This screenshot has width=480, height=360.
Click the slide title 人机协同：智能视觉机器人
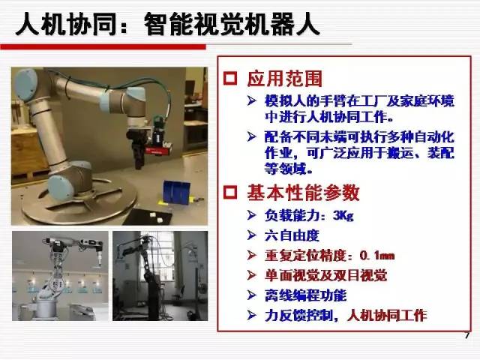coord(167,25)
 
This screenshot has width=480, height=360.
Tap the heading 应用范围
coord(284,79)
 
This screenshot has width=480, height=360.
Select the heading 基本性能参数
coord(303,193)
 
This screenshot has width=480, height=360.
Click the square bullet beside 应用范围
coord(230,79)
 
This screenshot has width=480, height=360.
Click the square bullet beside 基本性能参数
coord(230,193)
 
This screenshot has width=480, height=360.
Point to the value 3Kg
coord(343,216)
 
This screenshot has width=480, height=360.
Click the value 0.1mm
coord(377,256)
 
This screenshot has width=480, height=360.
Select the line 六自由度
coord(292,235)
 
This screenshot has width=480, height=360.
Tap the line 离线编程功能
coord(305,295)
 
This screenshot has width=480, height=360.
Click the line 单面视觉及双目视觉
coord(325,275)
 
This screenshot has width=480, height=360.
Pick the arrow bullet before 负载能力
coord(252,215)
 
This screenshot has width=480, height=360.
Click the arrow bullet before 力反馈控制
coord(252,315)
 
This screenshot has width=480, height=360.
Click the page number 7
coord(466,335)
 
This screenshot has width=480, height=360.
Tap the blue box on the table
coord(176,192)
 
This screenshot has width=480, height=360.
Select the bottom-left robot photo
coord(60,276)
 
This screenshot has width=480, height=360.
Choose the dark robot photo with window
coord(160,276)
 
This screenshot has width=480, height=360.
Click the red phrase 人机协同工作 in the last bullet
coord(387,316)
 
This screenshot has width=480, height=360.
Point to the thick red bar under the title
coord(103,46)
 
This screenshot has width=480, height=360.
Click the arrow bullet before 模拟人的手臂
coord(252,100)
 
